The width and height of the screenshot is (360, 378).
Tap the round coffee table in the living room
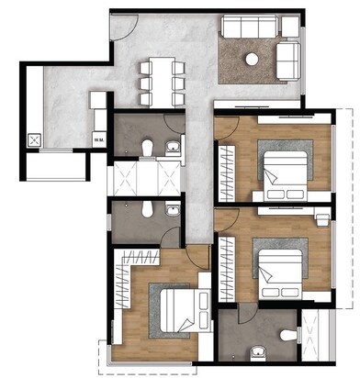point(251,60)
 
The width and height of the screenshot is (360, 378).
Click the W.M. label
point(97,139)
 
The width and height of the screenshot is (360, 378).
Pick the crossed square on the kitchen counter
point(36,140)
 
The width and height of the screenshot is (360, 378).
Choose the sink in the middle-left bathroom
point(171,209)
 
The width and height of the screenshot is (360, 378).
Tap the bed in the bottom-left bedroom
point(171,314)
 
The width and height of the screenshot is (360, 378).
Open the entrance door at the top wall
point(122,25)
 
